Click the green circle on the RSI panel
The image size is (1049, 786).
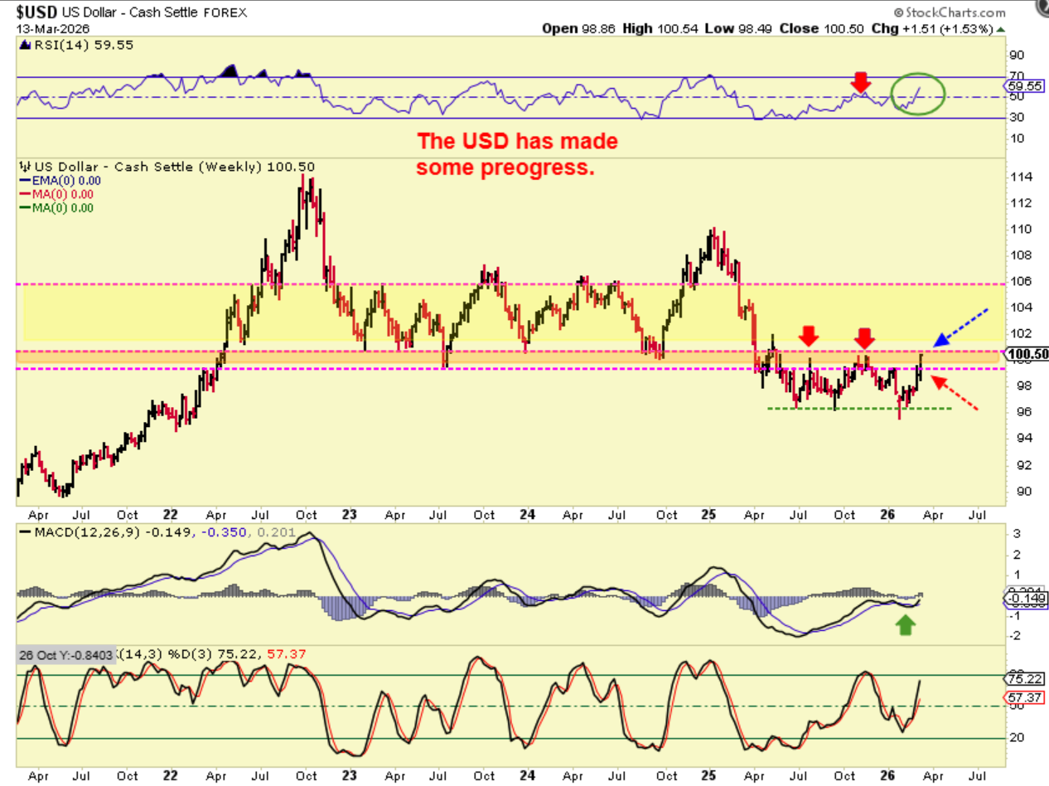tap(918, 93)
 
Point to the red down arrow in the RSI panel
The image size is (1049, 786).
tap(861, 81)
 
